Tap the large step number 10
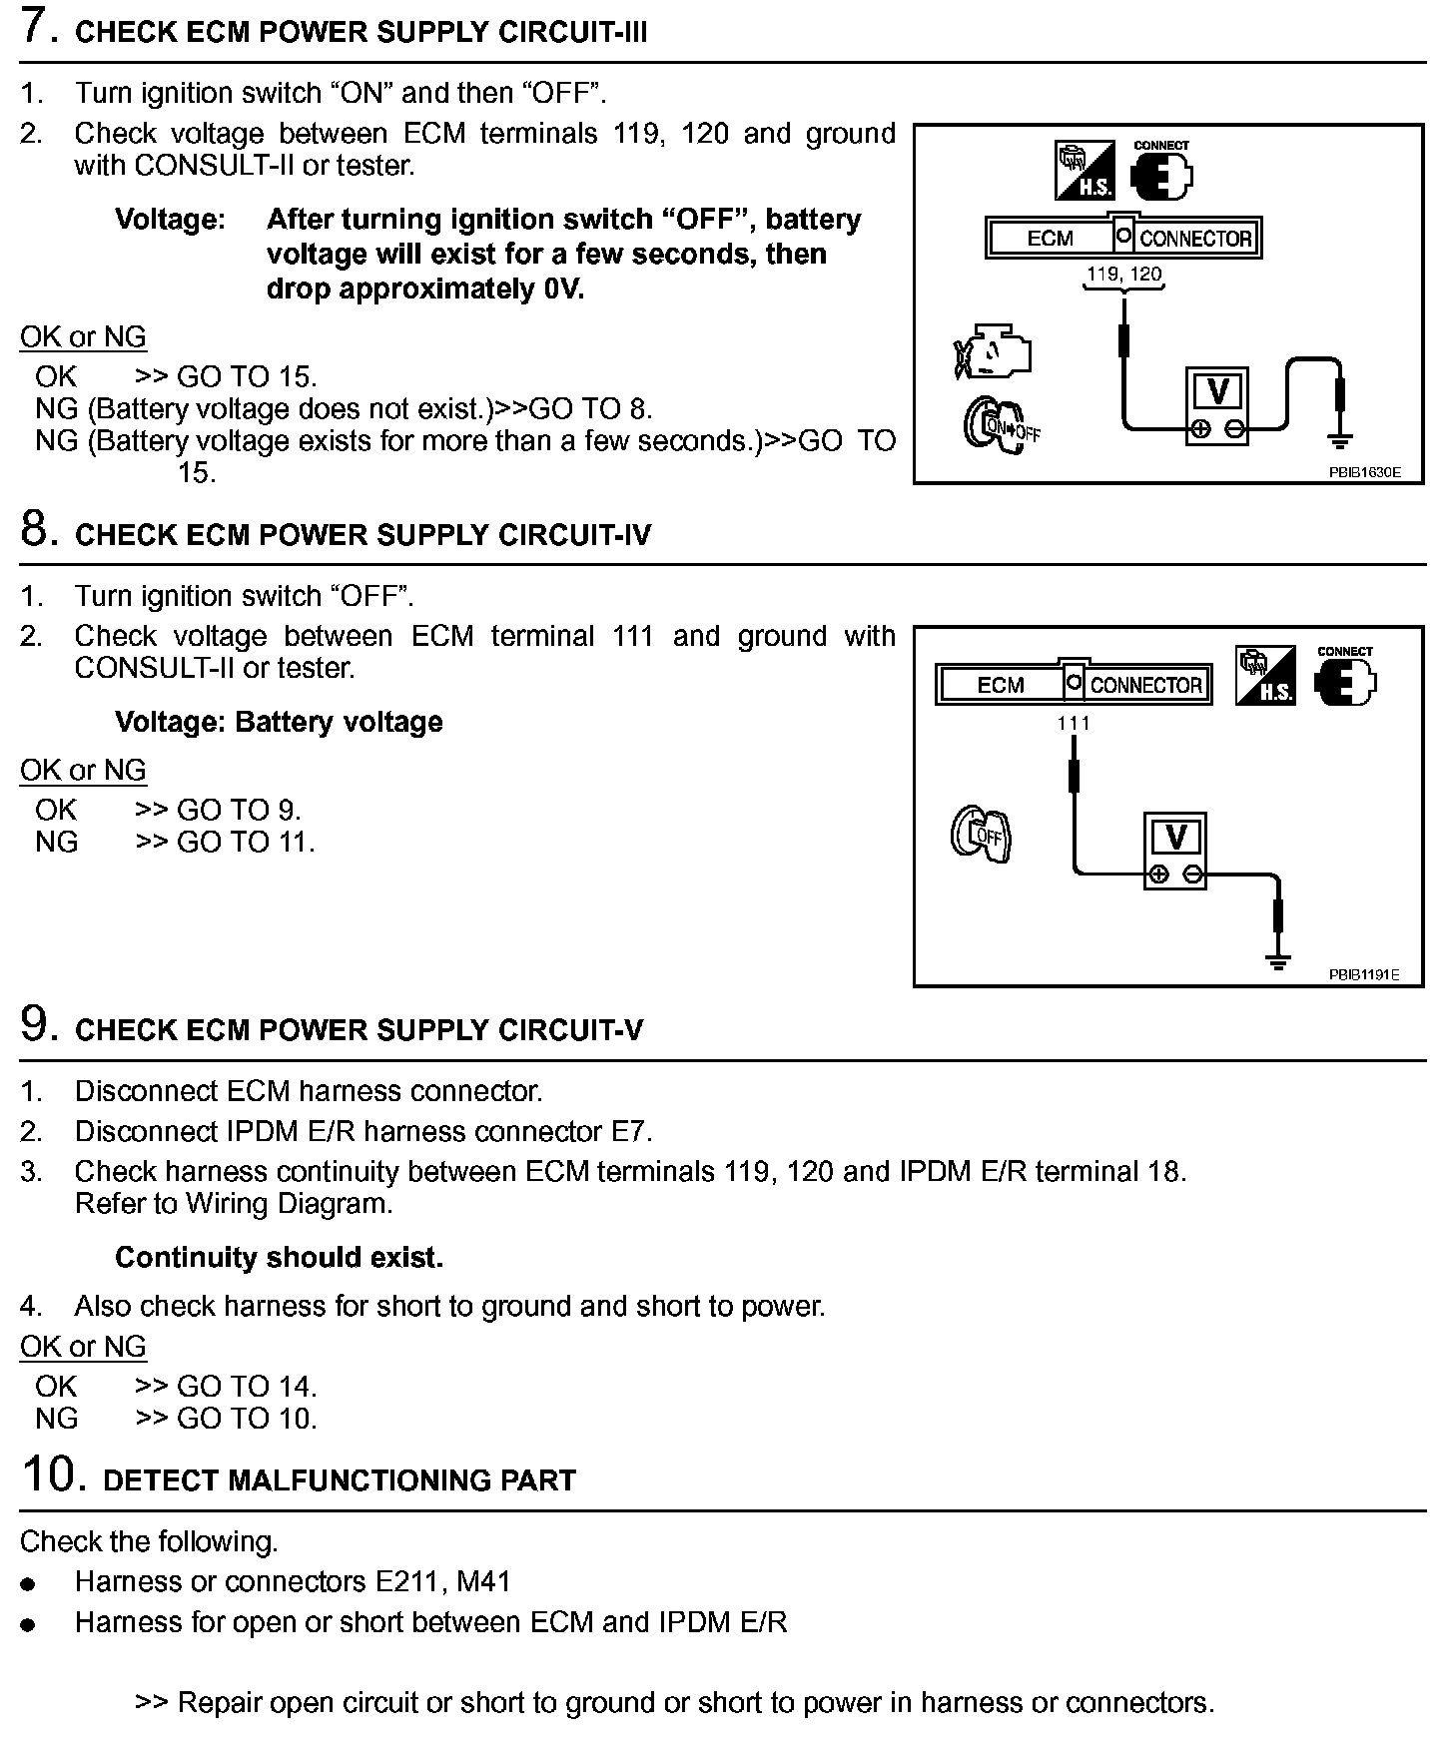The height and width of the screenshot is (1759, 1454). click(48, 1474)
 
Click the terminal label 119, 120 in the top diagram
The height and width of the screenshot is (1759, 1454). click(1123, 274)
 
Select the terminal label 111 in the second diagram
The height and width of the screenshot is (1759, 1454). click(1074, 723)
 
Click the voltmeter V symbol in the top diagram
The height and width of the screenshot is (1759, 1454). click(1217, 392)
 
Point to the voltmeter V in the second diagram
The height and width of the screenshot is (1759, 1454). click(1176, 837)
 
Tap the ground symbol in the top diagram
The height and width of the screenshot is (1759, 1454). click(1340, 439)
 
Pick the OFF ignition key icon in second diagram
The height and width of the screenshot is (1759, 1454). click(981, 835)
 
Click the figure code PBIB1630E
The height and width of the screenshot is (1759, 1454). click(1363, 472)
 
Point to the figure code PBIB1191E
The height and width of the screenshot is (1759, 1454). click(1363, 974)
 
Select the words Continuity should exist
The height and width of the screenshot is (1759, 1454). click(279, 1257)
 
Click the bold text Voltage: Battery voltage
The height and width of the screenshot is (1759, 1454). click(279, 722)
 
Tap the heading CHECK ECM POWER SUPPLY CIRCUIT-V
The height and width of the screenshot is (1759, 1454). click(360, 1030)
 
